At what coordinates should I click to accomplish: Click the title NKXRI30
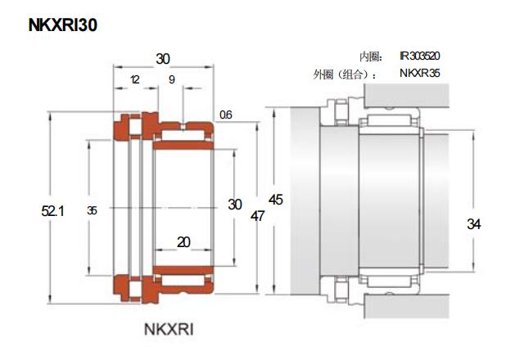(x=63, y=25)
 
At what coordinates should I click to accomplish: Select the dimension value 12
(x=134, y=79)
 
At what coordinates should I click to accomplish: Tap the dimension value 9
(x=171, y=79)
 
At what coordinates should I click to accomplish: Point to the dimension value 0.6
(x=225, y=115)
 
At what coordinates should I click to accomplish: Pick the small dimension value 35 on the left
(x=92, y=211)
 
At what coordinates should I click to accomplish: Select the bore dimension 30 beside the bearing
(x=235, y=205)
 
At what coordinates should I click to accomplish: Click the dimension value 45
(x=276, y=200)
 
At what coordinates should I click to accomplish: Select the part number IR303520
(x=420, y=56)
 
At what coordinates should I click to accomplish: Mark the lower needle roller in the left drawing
(x=183, y=282)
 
